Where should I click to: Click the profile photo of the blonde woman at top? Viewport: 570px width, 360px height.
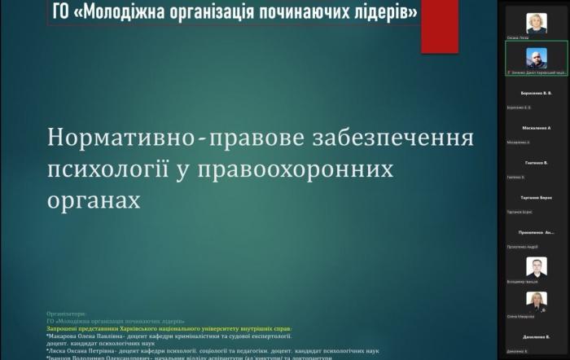536,24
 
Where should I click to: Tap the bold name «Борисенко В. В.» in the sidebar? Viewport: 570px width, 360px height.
536,93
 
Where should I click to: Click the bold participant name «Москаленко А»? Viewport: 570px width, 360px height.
536,128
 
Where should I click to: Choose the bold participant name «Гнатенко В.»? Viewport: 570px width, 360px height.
536,163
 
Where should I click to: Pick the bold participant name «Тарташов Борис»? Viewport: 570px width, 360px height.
536,198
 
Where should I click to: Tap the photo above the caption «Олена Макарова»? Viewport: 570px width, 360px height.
536,301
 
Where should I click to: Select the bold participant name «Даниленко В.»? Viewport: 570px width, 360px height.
536,336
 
